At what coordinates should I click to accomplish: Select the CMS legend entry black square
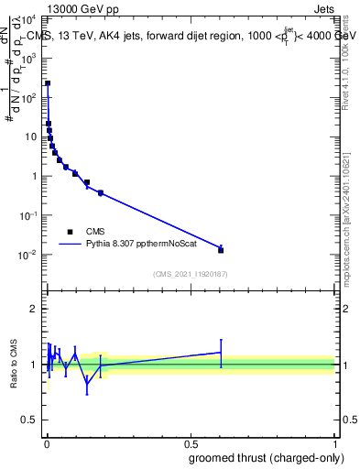point(70,232)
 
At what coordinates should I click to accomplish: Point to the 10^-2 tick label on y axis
point(28,255)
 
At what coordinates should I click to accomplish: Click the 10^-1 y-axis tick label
point(28,215)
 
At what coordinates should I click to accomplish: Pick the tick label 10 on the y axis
point(32,136)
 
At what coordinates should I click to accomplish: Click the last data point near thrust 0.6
point(221,249)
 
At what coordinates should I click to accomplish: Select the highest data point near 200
point(48,83)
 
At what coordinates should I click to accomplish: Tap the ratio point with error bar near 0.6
point(221,352)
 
